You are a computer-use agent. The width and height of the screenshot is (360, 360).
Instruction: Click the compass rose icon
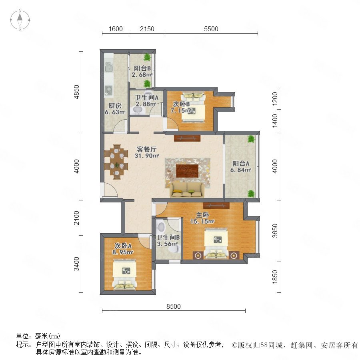[x=20, y=20]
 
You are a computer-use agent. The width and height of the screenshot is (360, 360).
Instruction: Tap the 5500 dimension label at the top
[x=211, y=29]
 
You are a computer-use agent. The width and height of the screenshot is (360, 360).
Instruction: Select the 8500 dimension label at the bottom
[x=173, y=306]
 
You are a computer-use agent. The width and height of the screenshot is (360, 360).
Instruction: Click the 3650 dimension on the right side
[x=274, y=231]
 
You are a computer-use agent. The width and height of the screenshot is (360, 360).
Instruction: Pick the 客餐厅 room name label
[x=146, y=149]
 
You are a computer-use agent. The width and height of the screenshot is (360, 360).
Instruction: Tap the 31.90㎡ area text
[x=147, y=156]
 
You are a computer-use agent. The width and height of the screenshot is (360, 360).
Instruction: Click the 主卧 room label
[x=202, y=215]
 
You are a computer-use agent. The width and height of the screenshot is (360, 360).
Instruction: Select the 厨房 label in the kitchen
[x=115, y=106]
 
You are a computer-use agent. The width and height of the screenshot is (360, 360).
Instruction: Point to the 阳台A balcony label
[x=241, y=164]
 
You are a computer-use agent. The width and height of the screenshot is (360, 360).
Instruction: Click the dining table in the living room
[x=117, y=162]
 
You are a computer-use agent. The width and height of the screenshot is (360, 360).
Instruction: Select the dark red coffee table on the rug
[x=187, y=170]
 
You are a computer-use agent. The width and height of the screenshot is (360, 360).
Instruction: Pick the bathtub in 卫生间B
[x=161, y=226]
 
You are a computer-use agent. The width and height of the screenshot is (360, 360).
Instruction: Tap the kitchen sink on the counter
[x=108, y=68]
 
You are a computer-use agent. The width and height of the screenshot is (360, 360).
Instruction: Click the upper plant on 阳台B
[x=147, y=57]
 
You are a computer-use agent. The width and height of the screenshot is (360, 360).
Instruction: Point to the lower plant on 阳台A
[x=251, y=194]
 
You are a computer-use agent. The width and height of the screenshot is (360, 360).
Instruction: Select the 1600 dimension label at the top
[x=116, y=29]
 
